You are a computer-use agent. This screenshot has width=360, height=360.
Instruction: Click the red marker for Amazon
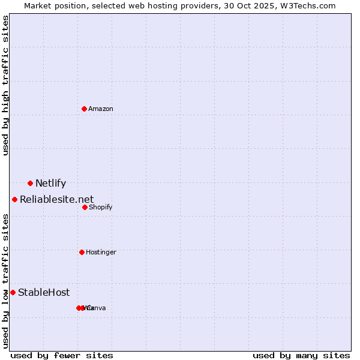pos(84,109)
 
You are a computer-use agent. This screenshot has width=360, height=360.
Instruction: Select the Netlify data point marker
pos(30,183)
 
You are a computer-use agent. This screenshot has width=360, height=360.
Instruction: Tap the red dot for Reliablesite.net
pos(14,199)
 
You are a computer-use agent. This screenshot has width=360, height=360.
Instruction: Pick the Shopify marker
pos(85,207)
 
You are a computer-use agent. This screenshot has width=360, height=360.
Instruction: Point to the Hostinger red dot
pos(82,252)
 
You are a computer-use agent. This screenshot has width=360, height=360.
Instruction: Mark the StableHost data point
pos(13,292)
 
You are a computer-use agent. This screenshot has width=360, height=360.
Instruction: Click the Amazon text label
pos(101,109)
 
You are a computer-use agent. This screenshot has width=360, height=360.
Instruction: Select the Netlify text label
pos(50,184)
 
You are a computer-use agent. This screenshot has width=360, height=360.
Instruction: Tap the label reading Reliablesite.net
pos(56,199)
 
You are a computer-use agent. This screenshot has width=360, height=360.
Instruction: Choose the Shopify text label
pos(100,208)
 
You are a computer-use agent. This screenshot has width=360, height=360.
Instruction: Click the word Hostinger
pos(101,253)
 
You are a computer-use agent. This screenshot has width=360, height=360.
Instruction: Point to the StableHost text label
pos(44,293)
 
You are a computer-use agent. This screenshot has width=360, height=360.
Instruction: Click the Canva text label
pos(96,308)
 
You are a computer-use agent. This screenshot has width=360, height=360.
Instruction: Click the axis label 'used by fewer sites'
pos(62,355)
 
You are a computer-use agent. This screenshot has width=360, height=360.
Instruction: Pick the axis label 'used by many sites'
pos(301,355)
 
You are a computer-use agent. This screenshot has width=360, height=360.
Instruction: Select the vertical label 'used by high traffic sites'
pos(6,85)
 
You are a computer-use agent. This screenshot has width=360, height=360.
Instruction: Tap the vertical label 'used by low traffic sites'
pos(6,281)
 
